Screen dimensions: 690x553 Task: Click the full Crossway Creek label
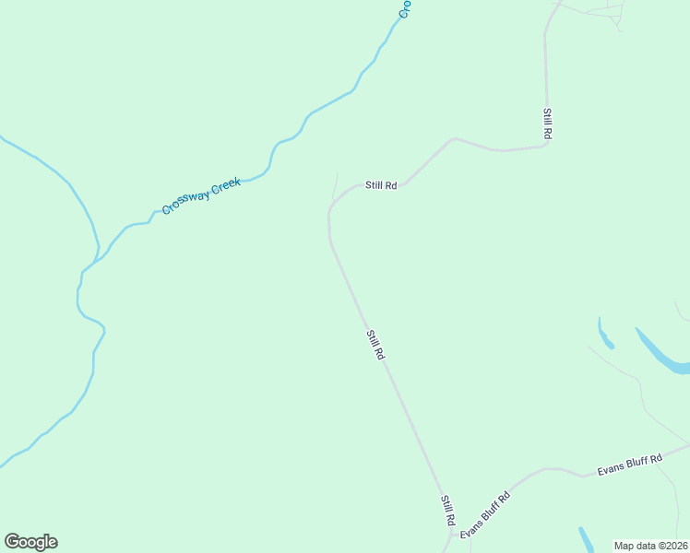201,196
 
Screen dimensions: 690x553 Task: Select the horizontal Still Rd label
380,185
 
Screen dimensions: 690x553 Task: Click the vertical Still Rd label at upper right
547,124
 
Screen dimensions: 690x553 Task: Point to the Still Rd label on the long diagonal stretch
375,345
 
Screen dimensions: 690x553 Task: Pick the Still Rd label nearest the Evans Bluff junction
447,511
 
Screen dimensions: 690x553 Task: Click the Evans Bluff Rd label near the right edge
630,465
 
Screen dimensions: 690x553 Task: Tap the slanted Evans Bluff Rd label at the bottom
485,515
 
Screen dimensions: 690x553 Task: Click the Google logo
30,542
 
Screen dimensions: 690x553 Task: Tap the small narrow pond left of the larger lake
604,333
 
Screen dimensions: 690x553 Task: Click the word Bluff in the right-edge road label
633,464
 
